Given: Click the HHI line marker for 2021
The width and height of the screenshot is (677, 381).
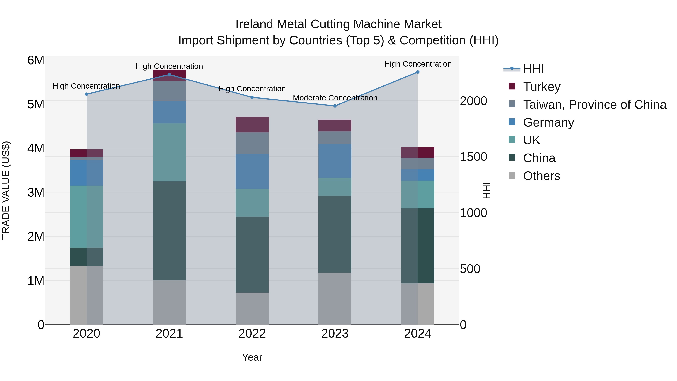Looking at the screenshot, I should pyautogui.click(x=169, y=75).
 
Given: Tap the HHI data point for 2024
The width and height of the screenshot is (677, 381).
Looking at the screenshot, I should pyautogui.click(x=418, y=72).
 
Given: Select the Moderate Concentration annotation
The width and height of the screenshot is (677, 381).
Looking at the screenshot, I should pyautogui.click(x=335, y=98).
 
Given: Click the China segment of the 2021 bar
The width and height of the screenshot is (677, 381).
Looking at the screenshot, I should pyautogui.click(x=169, y=231).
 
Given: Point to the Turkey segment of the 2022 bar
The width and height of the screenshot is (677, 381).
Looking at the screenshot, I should pyautogui.click(x=252, y=125).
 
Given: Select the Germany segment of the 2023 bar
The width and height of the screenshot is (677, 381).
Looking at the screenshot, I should pyautogui.click(x=335, y=161).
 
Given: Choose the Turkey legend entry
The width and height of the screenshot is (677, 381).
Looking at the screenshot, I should pyautogui.click(x=542, y=87).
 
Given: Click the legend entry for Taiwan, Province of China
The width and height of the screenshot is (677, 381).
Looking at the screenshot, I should pyautogui.click(x=594, y=105).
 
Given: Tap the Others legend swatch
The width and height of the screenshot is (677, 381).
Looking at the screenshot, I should pyautogui.click(x=512, y=175).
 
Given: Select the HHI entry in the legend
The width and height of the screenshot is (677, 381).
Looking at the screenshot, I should pyautogui.click(x=533, y=69).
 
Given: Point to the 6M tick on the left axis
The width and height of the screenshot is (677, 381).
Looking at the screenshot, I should pyautogui.click(x=36, y=60).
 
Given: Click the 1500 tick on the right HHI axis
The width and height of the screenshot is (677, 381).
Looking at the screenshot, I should pyautogui.click(x=473, y=157).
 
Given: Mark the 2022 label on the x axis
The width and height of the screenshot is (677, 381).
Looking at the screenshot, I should pyautogui.click(x=252, y=334).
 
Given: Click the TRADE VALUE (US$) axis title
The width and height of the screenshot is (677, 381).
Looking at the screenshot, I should pyautogui.click(x=6, y=190).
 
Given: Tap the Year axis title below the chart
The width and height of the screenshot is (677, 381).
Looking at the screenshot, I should pyautogui.click(x=252, y=357).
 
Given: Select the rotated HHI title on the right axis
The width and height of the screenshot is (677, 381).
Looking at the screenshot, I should pyautogui.click(x=487, y=190).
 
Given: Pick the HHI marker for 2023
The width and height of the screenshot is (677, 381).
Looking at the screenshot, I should pyautogui.click(x=335, y=106).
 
